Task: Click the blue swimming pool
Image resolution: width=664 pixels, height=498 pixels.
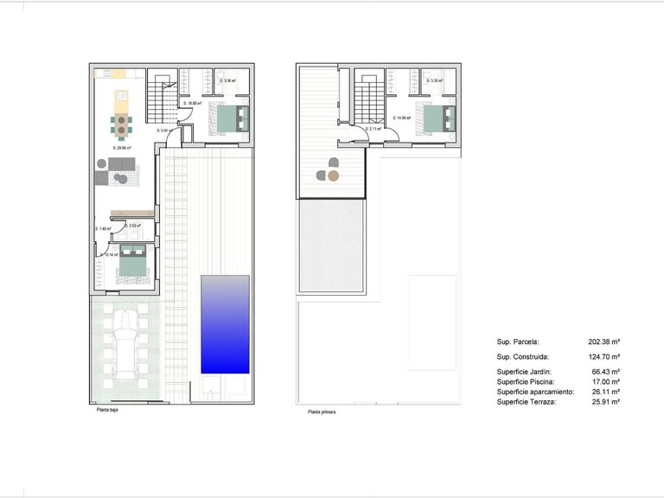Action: pos(225,324)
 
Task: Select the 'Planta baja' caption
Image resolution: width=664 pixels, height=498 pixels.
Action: pos(108,410)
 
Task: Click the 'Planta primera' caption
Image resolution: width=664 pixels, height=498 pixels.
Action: pos(322,412)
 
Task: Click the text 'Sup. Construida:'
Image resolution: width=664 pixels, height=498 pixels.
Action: pos(524,356)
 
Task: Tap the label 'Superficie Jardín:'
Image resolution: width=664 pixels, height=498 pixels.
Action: pos(527,371)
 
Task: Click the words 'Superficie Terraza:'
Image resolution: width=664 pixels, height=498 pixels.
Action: pos(528,402)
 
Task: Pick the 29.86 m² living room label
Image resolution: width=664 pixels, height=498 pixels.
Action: pos(122,148)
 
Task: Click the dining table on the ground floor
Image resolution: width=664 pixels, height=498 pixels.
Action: pos(122,124)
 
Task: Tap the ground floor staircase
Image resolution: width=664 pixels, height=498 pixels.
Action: pos(160,100)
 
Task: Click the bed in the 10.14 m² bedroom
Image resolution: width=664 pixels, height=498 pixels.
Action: pos(132,261)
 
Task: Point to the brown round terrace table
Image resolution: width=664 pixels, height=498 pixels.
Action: pos(334,176)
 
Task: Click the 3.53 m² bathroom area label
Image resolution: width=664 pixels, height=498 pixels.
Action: pos(133,226)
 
